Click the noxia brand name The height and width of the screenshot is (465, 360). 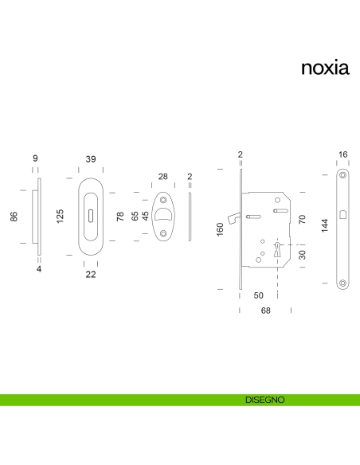click(325, 68)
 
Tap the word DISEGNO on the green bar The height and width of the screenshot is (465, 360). click(264, 400)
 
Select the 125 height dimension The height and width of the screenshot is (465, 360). click(60, 217)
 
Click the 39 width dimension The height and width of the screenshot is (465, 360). click(91, 159)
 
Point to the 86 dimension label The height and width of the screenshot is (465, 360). click(14, 217)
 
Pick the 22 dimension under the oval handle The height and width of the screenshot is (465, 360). click(91, 275)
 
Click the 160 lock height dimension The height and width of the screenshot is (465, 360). click(220, 229)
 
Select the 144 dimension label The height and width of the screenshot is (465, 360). click(325, 225)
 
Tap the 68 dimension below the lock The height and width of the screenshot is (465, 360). click(266, 311)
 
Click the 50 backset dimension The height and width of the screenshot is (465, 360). click(258, 295)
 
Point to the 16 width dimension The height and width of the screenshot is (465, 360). click(342, 154)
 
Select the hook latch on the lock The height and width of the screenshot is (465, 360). click(233, 218)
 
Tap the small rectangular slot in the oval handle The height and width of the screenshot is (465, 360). click(91, 216)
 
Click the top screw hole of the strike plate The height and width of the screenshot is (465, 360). click(342, 175)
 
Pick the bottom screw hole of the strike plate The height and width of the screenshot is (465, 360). click(342, 283)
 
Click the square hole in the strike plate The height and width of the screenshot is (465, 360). click(342, 215)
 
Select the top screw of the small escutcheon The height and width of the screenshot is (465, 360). click(163, 200)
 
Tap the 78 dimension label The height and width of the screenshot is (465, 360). click(119, 217)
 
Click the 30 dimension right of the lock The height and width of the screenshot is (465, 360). click(302, 255)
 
